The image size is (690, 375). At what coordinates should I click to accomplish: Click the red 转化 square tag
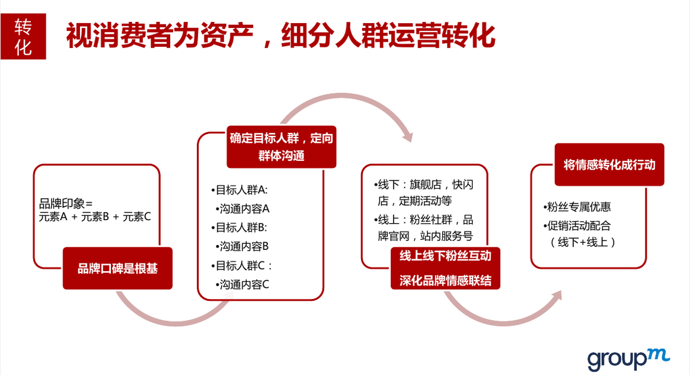[23, 36]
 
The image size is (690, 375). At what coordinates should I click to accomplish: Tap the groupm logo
[628, 360]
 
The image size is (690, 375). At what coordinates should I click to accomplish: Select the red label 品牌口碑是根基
[117, 268]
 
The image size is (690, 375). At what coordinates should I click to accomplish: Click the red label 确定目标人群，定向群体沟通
[281, 147]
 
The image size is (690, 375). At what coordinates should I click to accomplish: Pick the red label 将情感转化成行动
[609, 164]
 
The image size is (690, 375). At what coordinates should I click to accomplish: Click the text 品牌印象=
[66, 204]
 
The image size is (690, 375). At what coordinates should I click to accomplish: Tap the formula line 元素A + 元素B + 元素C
[95, 217]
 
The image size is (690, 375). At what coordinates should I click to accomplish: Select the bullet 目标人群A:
[239, 190]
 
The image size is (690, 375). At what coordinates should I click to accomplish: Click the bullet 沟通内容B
[242, 246]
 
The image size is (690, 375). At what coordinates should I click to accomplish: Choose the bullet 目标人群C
[241, 266]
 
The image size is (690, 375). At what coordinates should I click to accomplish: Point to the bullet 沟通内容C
[242, 285]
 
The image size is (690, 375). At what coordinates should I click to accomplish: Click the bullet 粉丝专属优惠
[577, 206]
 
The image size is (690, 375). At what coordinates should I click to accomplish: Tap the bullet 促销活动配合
[577, 225]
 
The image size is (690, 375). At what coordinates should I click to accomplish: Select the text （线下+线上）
[583, 242]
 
